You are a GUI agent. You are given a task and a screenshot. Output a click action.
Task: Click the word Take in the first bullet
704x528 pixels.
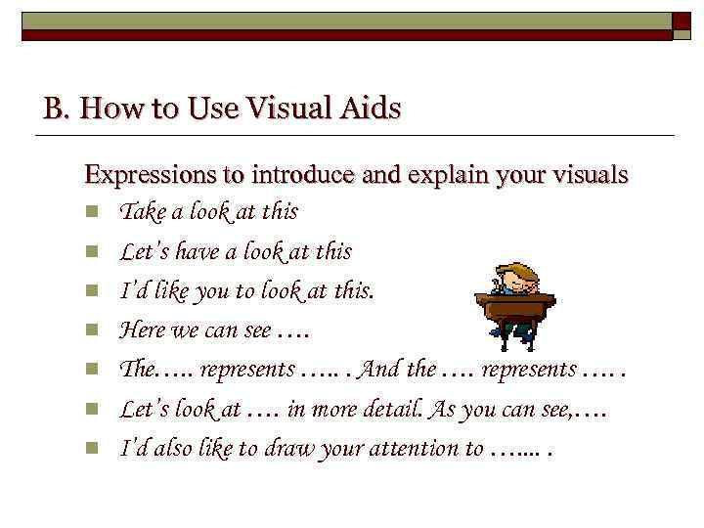(x=143, y=211)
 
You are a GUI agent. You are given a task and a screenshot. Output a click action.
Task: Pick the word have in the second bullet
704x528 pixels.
(x=198, y=251)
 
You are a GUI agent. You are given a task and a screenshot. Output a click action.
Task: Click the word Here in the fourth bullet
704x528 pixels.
(x=142, y=330)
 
